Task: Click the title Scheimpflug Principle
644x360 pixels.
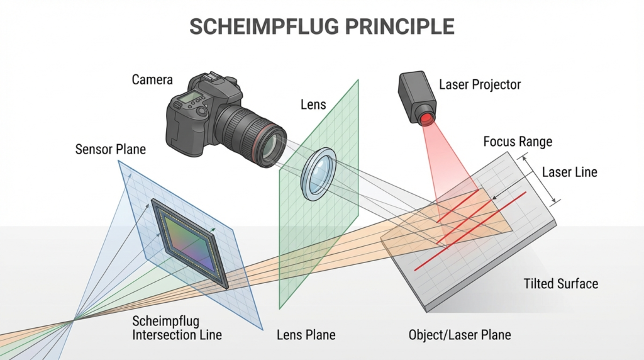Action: (x=321, y=26)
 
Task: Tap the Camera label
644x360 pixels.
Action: (x=152, y=80)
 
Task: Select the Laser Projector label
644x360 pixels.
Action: (x=480, y=84)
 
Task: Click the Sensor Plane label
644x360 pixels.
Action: (x=110, y=150)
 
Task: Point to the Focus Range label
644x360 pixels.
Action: (x=517, y=141)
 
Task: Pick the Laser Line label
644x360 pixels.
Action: (x=569, y=172)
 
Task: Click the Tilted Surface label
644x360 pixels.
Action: (x=560, y=284)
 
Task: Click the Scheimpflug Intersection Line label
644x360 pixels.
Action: (x=177, y=327)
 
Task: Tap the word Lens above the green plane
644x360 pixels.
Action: (x=313, y=104)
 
